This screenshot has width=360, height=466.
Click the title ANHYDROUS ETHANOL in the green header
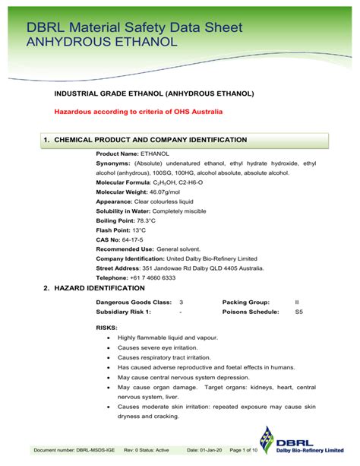pyautogui.click(x=102, y=42)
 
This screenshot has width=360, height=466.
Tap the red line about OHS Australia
pyautogui.click(x=138, y=112)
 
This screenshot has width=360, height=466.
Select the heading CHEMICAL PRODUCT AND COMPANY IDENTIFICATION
pyautogui.click(x=151, y=140)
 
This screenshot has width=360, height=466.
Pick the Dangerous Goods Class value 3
pyautogui.click(x=181, y=302)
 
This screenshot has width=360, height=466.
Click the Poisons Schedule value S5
pyautogui.click(x=298, y=312)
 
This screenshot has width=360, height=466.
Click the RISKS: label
pyautogui.click(x=106, y=327)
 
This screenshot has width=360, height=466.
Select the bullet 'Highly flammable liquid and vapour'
pyautogui.click(x=167, y=337)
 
